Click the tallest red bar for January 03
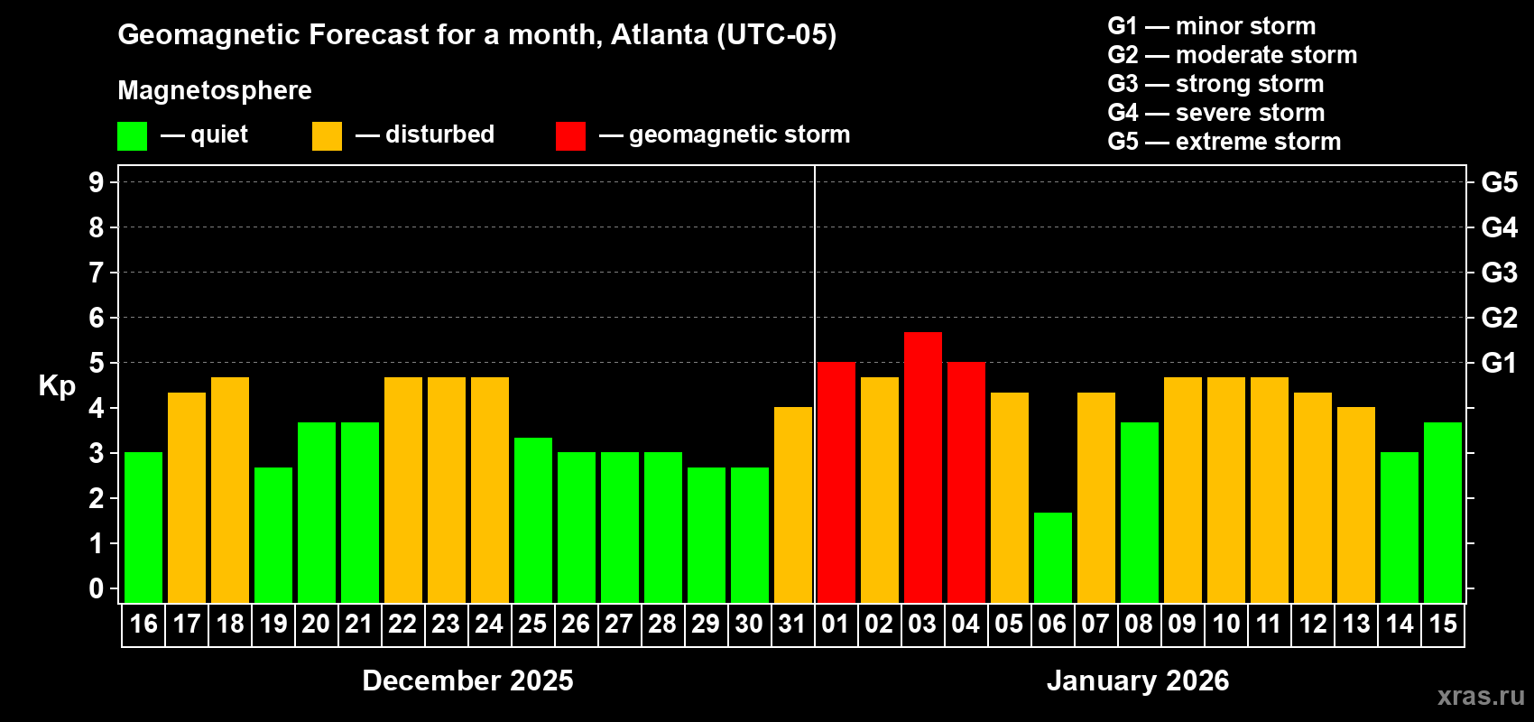point(922,467)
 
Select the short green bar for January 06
point(1052,558)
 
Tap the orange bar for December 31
point(792,505)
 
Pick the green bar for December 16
point(143,528)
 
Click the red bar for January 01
point(836,483)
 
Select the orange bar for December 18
point(230,490)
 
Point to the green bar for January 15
point(1442,513)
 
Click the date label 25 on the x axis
point(532,625)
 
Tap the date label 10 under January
point(1225,625)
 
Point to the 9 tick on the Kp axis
point(97,182)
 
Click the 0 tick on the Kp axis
point(97,588)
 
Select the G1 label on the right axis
point(1499,363)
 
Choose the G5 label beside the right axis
point(1499,182)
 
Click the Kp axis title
point(57,386)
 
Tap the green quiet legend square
point(133,136)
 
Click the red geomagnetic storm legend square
point(570,136)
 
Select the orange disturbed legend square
point(327,136)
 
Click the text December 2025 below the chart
point(467,680)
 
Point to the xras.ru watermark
point(1480,696)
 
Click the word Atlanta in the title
point(660,34)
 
